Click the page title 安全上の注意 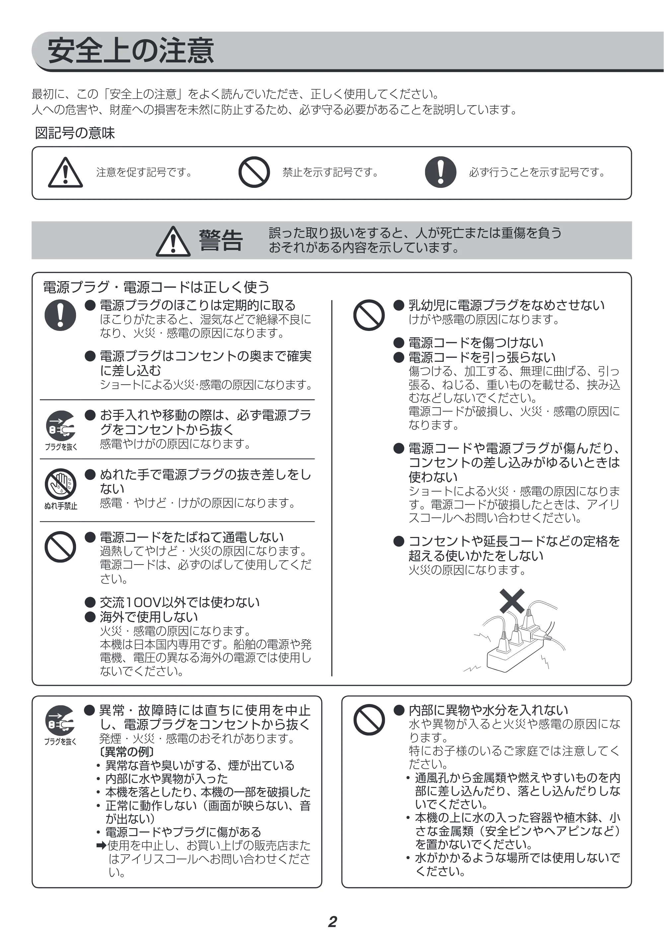click(x=131, y=51)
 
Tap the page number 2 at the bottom click(x=332, y=921)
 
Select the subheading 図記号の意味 click(x=75, y=133)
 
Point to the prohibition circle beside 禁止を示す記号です click(x=254, y=172)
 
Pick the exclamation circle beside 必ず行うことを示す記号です click(x=440, y=172)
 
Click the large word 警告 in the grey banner click(x=221, y=240)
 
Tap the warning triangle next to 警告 click(x=173, y=241)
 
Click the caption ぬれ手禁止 click(x=60, y=506)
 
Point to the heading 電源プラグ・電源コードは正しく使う click(x=156, y=287)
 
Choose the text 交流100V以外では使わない click(x=180, y=602)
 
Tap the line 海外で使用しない click(x=149, y=617)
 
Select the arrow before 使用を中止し click(x=102, y=845)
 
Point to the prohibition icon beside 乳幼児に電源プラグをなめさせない click(x=369, y=315)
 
